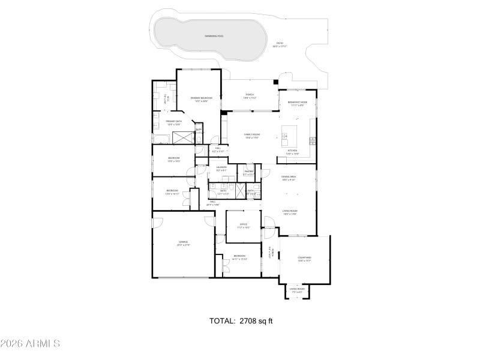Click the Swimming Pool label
coord(214,36)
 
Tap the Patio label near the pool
coord(279,43)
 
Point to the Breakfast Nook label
coord(297,102)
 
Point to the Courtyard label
coord(304,258)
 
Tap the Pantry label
coord(249,172)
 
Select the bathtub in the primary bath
coord(161,139)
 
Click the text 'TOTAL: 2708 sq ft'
coord(241,321)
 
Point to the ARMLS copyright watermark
coord(30,344)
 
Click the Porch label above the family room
coord(250,95)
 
